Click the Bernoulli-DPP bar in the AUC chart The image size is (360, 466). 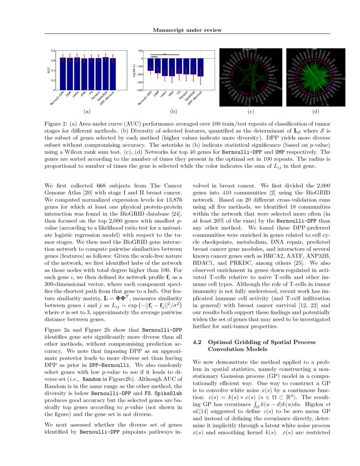[62, 74]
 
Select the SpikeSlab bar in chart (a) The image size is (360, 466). [106, 74]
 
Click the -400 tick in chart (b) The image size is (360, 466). [141, 90]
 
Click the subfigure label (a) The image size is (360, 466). [87, 112]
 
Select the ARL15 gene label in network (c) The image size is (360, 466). [272, 78]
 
